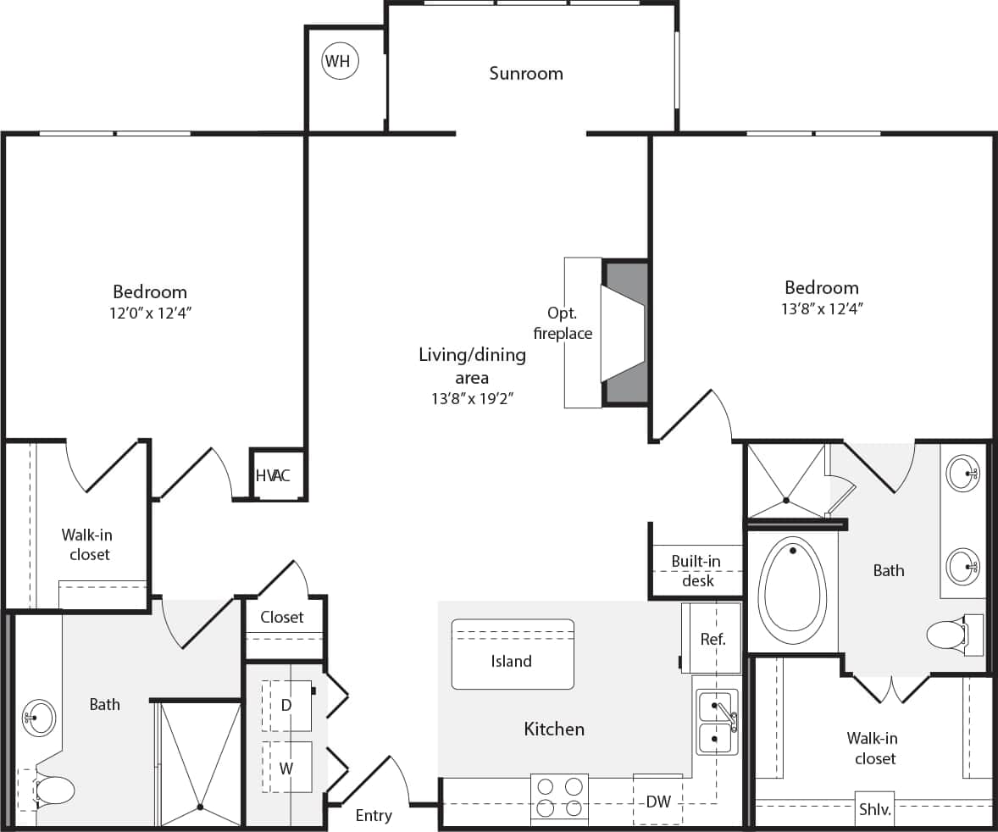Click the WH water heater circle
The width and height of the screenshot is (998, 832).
point(340,61)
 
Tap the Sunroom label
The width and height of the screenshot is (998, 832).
point(525,74)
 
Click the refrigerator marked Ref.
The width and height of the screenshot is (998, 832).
point(712,639)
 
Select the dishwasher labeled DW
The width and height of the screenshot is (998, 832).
point(658,801)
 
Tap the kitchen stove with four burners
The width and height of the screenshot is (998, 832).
point(560,797)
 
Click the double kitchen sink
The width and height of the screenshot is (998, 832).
point(717,722)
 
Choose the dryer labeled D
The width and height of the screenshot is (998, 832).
point(286,705)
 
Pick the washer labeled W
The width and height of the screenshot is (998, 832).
point(286,768)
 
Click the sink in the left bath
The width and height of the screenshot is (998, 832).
point(38,718)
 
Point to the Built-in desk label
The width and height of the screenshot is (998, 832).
point(696,571)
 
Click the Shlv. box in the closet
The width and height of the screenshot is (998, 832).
point(874,809)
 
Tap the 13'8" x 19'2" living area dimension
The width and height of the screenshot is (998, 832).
point(472,399)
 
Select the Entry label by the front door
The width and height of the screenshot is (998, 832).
point(374,816)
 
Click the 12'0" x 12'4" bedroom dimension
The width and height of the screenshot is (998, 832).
point(150,313)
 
